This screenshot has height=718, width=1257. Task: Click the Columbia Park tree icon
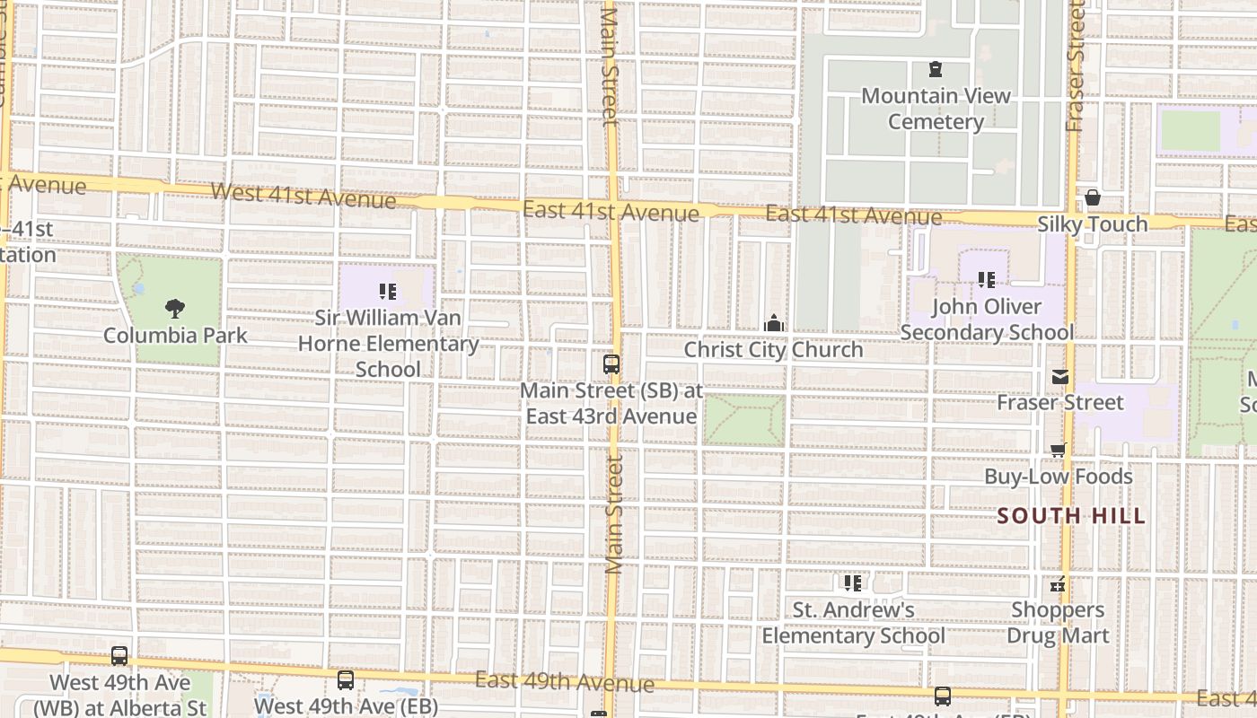coord(176,309)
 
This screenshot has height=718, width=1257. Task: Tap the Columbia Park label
coord(175,336)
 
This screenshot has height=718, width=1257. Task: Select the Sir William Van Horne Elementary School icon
coord(388,291)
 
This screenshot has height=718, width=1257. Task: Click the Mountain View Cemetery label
coord(936,109)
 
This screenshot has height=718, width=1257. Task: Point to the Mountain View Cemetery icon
coord(936,69)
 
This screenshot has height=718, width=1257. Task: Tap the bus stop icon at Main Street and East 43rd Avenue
coord(611,364)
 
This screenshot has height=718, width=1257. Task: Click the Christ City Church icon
coord(773,323)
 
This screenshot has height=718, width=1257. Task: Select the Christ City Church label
coord(773,349)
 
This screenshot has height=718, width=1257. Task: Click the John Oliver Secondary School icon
coord(987,280)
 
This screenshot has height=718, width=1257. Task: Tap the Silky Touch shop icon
coord(1093,197)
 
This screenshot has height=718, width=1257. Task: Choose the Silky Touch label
coord(1093,224)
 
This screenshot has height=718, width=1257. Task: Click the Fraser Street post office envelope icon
coord(1060,377)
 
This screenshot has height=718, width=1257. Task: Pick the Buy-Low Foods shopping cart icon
coord(1059,451)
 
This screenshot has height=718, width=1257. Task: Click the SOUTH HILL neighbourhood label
coord(1071,516)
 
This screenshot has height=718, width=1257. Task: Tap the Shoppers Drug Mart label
coord(1058,623)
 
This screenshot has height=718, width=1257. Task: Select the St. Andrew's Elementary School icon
coord(853,583)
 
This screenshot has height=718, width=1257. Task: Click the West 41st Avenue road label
coord(303,195)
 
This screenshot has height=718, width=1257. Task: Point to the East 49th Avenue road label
coord(565,682)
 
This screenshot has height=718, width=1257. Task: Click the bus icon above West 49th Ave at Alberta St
coord(119,656)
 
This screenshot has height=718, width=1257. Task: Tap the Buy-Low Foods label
coord(1059,477)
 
